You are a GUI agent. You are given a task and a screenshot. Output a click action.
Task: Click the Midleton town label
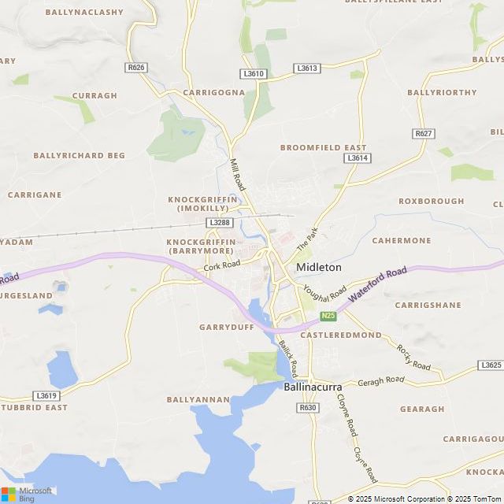pyautogui.click(x=319, y=268)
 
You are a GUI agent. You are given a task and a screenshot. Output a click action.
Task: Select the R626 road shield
pyautogui.click(x=136, y=68)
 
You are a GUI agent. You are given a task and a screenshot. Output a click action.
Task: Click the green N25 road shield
pyautogui.click(x=328, y=316)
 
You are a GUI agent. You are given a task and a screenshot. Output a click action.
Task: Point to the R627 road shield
pyautogui.click(x=424, y=134)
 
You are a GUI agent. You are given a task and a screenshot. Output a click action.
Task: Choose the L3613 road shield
pyautogui.click(x=307, y=69)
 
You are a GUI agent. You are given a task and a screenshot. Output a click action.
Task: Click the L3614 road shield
pyautogui.click(x=357, y=158)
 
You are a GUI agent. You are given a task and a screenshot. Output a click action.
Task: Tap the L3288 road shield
pyautogui.click(x=220, y=223)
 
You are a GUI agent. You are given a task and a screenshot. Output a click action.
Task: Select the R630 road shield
pyautogui.click(x=307, y=407)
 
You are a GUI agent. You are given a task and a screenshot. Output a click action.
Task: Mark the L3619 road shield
pyautogui.click(x=46, y=395)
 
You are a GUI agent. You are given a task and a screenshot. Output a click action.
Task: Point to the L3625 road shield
pyautogui.click(x=490, y=365)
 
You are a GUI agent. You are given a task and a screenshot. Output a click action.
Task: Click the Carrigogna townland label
pyautogui.click(x=214, y=92)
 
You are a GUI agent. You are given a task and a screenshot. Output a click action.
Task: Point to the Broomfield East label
pyautogui.click(x=324, y=147)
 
